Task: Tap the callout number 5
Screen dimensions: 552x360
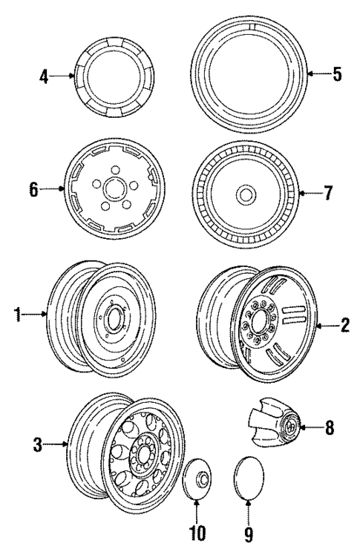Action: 337,74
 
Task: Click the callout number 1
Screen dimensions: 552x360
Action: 16,315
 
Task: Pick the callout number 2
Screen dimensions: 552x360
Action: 344,325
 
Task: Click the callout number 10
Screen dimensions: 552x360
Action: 196,533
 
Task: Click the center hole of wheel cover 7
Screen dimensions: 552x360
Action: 243,194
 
